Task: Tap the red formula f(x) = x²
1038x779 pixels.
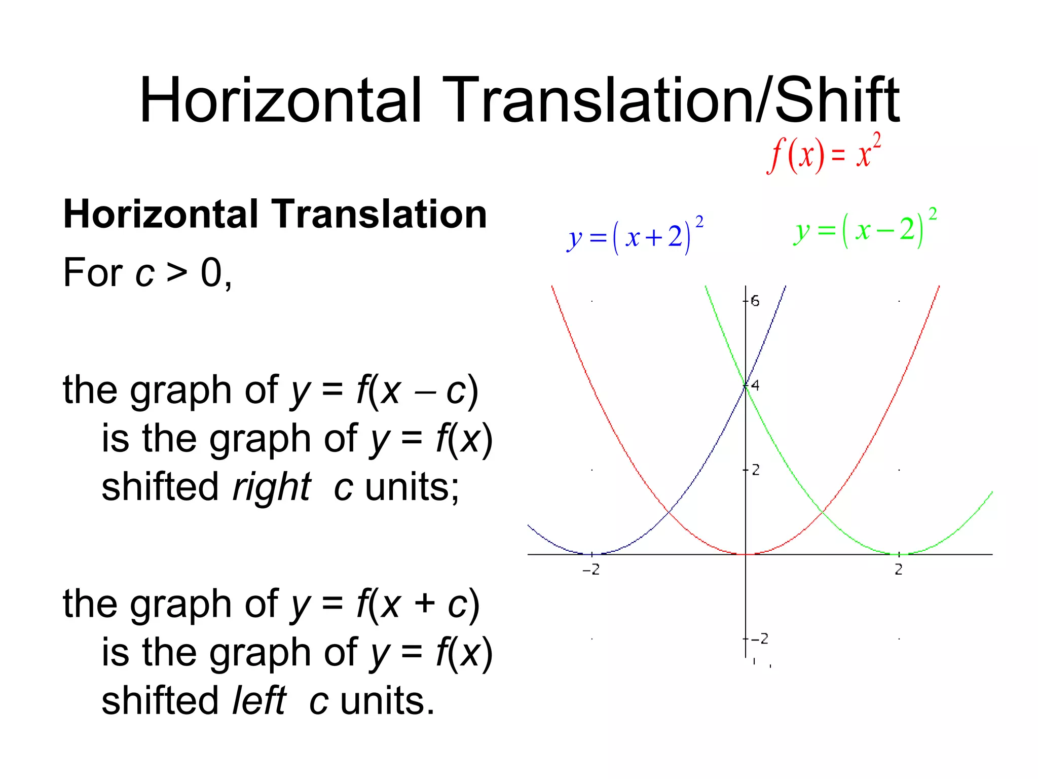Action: tap(824, 154)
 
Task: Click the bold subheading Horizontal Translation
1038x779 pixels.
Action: tap(275, 215)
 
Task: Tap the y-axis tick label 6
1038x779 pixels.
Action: tap(755, 301)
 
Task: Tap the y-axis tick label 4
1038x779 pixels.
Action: tap(755, 385)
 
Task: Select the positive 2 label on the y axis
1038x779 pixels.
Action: tap(756, 470)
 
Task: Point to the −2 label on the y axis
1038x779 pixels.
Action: tap(759, 639)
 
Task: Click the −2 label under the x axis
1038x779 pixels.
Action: tap(591, 570)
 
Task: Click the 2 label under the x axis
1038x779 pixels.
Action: tap(899, 570)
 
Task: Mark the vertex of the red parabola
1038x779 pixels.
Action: tap(746, 554)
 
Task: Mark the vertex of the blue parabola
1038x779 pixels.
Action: tap(592, 554)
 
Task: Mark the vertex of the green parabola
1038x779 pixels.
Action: tap(899, 554)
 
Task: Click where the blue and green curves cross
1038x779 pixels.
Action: tap(746, 385)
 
